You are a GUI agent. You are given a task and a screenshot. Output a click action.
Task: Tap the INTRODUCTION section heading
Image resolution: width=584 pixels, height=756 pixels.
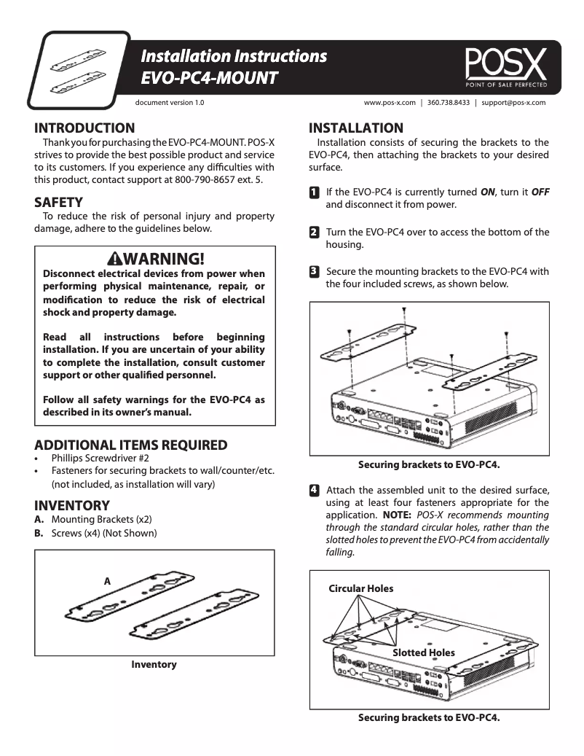coord(84,128)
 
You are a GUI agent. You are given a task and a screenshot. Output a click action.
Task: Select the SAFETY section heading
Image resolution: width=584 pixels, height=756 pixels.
coord(58,202)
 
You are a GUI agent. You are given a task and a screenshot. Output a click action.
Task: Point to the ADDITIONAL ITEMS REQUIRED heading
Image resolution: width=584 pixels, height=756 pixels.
coord(130,445)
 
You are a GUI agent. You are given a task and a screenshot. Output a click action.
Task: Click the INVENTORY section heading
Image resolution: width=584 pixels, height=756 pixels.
coord(72,505)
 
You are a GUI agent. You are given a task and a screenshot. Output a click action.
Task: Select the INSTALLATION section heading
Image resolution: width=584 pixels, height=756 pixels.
coord(356,128)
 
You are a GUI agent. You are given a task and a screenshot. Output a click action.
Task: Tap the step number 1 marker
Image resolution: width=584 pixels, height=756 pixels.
coord(314,192)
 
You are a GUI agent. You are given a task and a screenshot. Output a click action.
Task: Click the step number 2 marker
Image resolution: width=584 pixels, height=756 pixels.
coord(314,233)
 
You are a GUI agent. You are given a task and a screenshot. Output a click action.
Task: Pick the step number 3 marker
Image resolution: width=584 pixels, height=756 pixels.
coord(314,272)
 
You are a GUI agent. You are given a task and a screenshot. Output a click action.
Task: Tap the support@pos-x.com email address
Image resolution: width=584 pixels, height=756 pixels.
coord(513,103)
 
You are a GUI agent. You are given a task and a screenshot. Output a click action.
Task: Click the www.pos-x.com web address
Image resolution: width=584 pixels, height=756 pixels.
coord(390,103)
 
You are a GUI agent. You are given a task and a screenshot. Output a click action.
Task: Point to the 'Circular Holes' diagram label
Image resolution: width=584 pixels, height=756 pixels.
coord(360,588)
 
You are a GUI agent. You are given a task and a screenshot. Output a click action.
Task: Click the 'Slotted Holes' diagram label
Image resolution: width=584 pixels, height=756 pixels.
coord(423,652)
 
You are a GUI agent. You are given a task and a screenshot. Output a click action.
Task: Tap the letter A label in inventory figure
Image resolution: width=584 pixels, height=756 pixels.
coord(106,581)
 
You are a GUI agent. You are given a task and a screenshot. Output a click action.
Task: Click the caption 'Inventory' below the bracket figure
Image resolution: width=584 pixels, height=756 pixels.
coord(154,664)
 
